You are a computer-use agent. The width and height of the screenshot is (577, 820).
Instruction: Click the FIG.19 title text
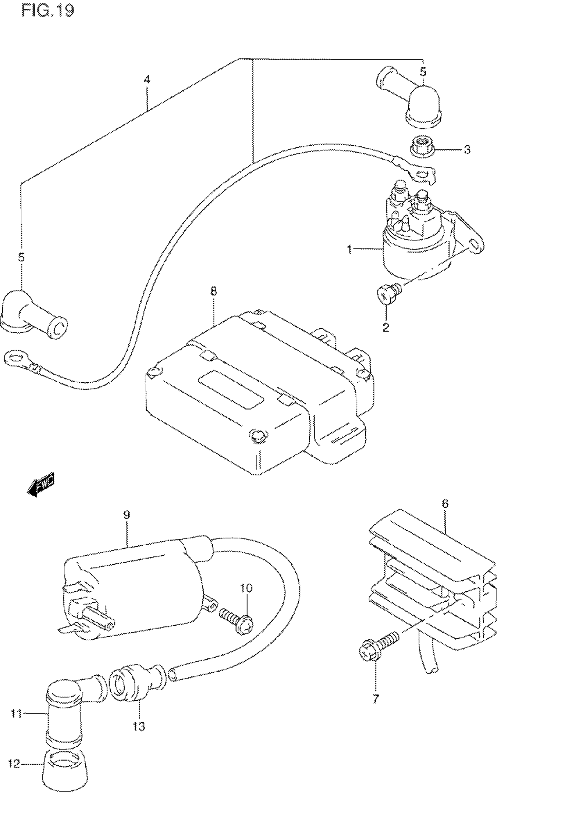(48, 11)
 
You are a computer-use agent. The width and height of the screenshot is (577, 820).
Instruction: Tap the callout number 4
(147, 79)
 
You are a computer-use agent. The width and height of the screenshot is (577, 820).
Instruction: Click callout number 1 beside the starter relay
(350, 249)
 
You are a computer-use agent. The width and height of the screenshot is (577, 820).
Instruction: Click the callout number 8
(213, 291)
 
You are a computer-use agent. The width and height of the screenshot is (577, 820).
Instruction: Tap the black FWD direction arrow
(41, 485)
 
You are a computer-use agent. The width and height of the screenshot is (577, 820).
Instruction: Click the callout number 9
(126, 515)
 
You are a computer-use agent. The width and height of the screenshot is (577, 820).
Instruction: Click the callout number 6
(445, 504)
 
